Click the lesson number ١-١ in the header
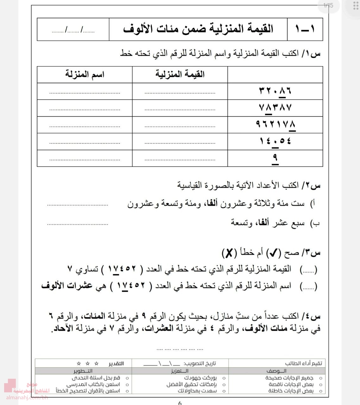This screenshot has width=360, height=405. [x=305, y=29]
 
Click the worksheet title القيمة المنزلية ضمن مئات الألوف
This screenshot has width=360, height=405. [x=198, y=29]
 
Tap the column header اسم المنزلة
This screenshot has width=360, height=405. [x=85, y=75]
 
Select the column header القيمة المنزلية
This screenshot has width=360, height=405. [x=180, y=75]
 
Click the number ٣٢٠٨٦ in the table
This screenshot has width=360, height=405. [x=275, y=91]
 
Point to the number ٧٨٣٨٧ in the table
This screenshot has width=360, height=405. [x=275, y=108]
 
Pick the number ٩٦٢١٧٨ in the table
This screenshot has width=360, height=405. [x=275, y=124]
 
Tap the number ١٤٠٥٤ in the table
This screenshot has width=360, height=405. [x=275, y=141]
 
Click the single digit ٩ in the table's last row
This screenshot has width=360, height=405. [x=275, y=158]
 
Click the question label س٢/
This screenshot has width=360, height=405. [x=312, y=185]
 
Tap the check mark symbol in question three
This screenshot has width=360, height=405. [x=272, y=253]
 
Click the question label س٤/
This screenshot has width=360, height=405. [x=312, y=316]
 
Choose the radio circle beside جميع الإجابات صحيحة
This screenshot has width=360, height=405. [x=321, y=378]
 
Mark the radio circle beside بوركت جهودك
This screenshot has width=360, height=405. [x=224, y=378]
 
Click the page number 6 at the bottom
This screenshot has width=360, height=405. [x=180, y=403]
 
